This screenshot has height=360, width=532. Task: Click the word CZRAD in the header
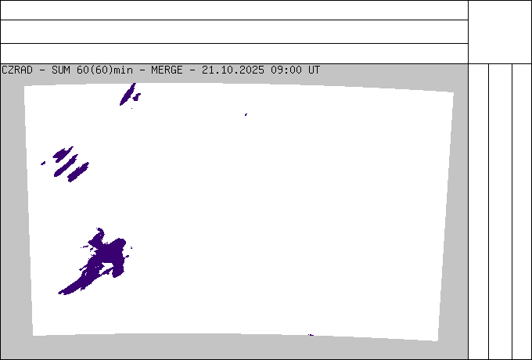pos(17,70)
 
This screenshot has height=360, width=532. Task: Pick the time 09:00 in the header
pos(287,70)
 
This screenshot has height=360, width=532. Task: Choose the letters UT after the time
pos(314,70)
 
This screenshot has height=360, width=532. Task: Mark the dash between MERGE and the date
pos(192,70)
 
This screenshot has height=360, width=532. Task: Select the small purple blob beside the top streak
pos(137,97)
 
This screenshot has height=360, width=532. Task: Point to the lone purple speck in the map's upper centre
pos(246,115)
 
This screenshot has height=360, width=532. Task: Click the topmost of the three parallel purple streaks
pos(63,153)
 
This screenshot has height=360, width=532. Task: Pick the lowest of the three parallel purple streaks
pos(78,171)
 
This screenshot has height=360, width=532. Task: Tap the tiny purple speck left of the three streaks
pos(43,164)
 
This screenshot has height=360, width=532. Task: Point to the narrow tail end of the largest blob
pos(63,292)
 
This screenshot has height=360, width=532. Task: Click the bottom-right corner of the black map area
pos(437,340)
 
